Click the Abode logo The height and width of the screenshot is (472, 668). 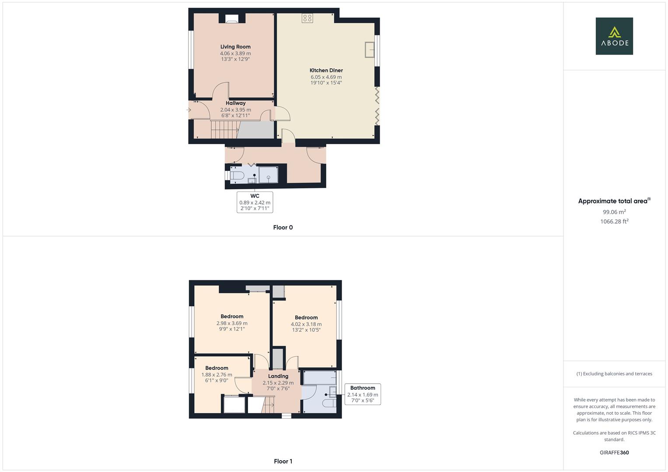(614, 36)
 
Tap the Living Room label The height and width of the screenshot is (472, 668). (235, 47)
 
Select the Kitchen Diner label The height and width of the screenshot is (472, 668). (326, 70)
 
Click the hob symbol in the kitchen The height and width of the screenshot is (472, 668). (307, 18)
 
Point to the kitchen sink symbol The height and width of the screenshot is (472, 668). (370, 49)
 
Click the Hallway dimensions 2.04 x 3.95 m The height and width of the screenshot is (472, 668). (236, 110)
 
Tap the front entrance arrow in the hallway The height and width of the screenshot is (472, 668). (189, 110)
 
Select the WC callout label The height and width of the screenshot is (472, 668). (255, 202)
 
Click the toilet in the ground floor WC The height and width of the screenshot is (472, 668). (237, 175)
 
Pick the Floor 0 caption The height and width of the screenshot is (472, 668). (283, 227)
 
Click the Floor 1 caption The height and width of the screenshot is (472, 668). (283, 461)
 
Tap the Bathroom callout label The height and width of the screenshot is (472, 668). (363, 394)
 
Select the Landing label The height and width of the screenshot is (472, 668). (278, 376)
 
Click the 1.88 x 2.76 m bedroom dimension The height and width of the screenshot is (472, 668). (217, 375)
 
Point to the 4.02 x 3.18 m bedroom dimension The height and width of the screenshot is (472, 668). (306, 324)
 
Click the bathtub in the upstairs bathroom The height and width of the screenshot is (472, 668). (320, 378)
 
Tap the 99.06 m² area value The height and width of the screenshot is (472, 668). (614, 212)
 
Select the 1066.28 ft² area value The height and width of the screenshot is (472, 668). (614, 222)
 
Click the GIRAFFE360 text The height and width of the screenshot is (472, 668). (614, 452)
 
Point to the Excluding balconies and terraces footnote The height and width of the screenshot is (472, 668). (614, 374)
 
